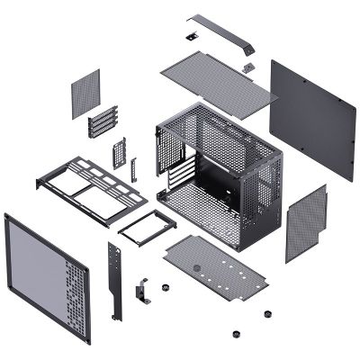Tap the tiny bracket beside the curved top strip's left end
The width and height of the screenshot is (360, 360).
pyautogui.click(x=192, y=37)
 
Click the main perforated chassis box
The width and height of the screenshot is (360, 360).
pyautogui.click(x=220, y=171)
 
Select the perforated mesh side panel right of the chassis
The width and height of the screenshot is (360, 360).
pyautogui.click(x=306, y=222)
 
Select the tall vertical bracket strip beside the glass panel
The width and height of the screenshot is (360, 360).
pyautogui.click(x=114, y=279)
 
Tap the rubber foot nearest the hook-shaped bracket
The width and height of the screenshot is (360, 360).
pyautogui.click(x=166, y=289)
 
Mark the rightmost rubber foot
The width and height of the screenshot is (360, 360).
pyautogui.click(x=267, y=314)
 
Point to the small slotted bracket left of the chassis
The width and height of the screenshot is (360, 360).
pyautogui.click(x=118, y=152)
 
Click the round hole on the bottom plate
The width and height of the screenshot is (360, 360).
pyautogui.click(x=196, y=266)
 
